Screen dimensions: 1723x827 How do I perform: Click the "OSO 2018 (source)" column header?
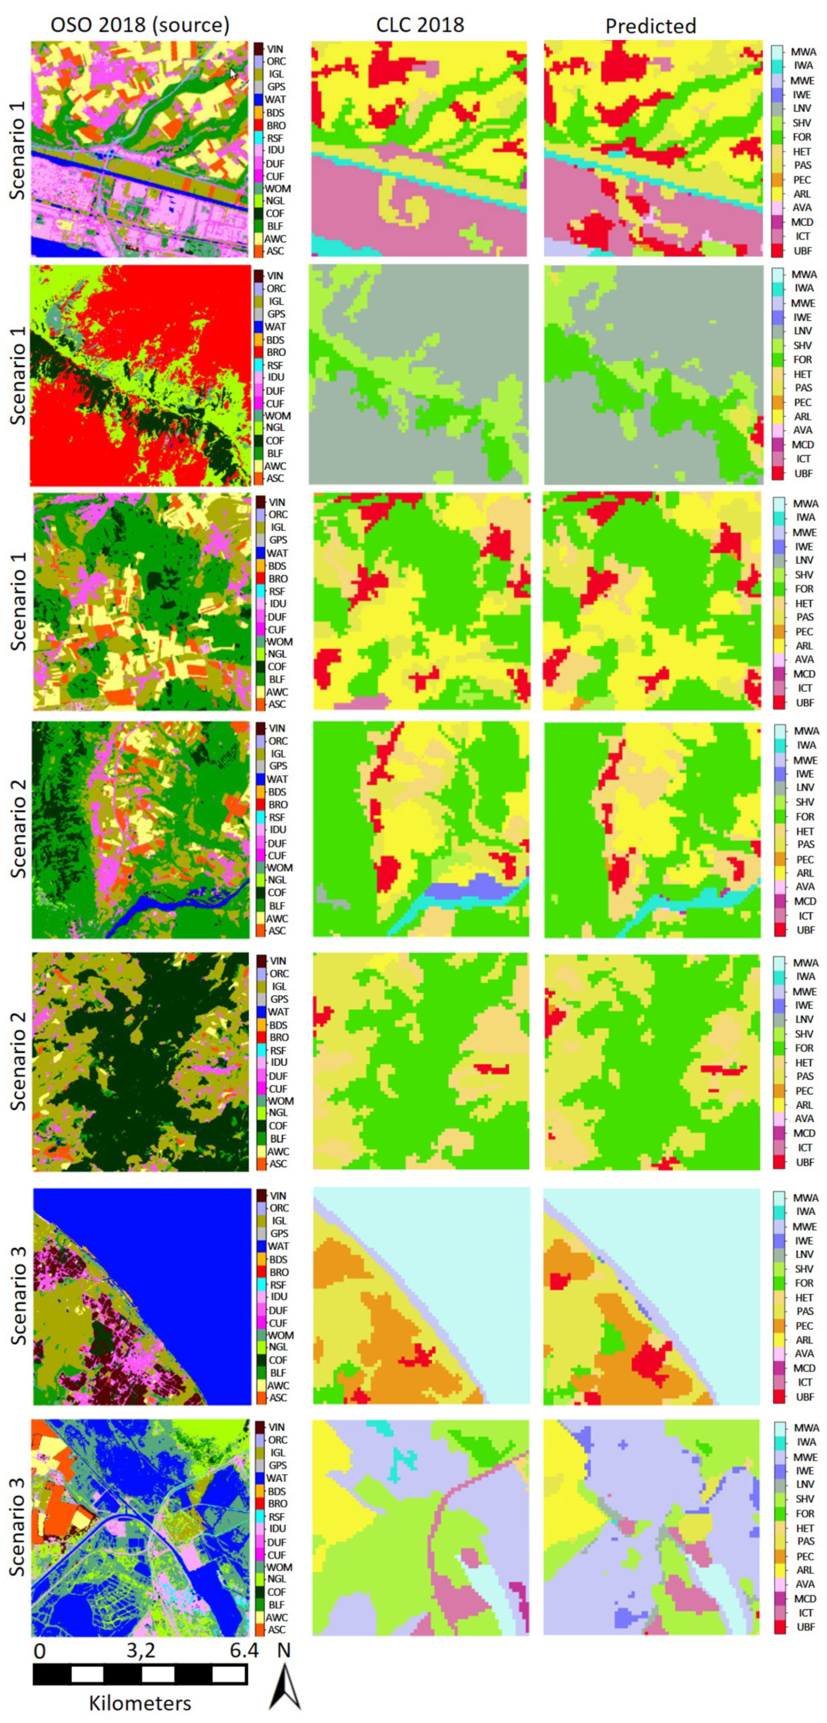[x=140, y=25]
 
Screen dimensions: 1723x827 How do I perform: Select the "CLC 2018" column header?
[x=419, y=25]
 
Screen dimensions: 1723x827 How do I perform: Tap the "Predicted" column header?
[x=651, y=26]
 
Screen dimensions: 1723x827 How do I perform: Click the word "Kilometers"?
[x=140, y=1702]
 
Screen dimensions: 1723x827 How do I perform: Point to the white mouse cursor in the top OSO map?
[x=233, y=73]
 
